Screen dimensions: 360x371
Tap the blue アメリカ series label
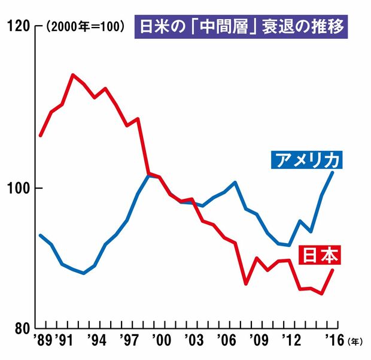(x=306, y=161)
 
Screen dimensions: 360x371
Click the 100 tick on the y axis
(x=17, y=188)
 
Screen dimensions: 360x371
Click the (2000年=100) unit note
(x=84, y=28)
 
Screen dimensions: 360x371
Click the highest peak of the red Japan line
(x=72, y=75)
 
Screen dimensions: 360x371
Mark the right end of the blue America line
(x=333, y=173)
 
